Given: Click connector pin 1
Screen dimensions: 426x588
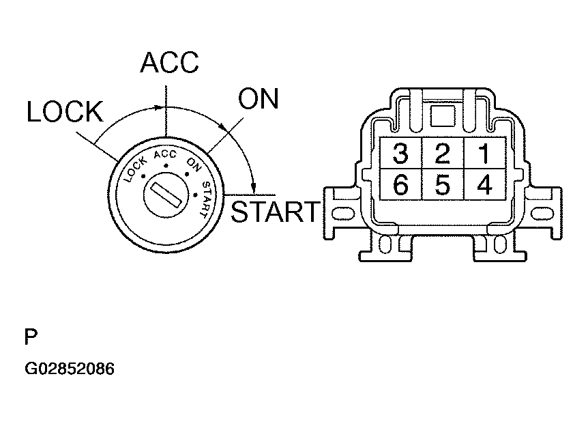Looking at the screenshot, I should pos(484,154).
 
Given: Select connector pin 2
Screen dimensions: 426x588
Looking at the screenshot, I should pos(443,154).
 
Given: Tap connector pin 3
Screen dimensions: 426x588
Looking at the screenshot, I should pos(401,154).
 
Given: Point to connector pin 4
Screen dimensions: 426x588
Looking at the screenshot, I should pos(484,184).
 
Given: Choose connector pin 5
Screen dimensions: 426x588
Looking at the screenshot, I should pos(443,184).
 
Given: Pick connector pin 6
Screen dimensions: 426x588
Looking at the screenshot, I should pos(401,184).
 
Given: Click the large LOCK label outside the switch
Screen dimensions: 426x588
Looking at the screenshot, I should pos(65,113).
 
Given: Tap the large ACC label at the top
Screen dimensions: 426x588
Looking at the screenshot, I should pos(169,63).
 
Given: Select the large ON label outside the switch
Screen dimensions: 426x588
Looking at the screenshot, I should pos(259,100).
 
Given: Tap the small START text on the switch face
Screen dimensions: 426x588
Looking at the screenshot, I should pos(204,199).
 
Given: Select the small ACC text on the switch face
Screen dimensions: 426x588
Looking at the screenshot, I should pos(165,155).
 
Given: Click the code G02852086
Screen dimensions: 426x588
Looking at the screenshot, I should pos(70,369).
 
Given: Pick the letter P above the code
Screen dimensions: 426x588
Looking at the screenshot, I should pos(31,338).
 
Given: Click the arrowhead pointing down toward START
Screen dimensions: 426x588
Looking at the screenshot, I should pos(253,187).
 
